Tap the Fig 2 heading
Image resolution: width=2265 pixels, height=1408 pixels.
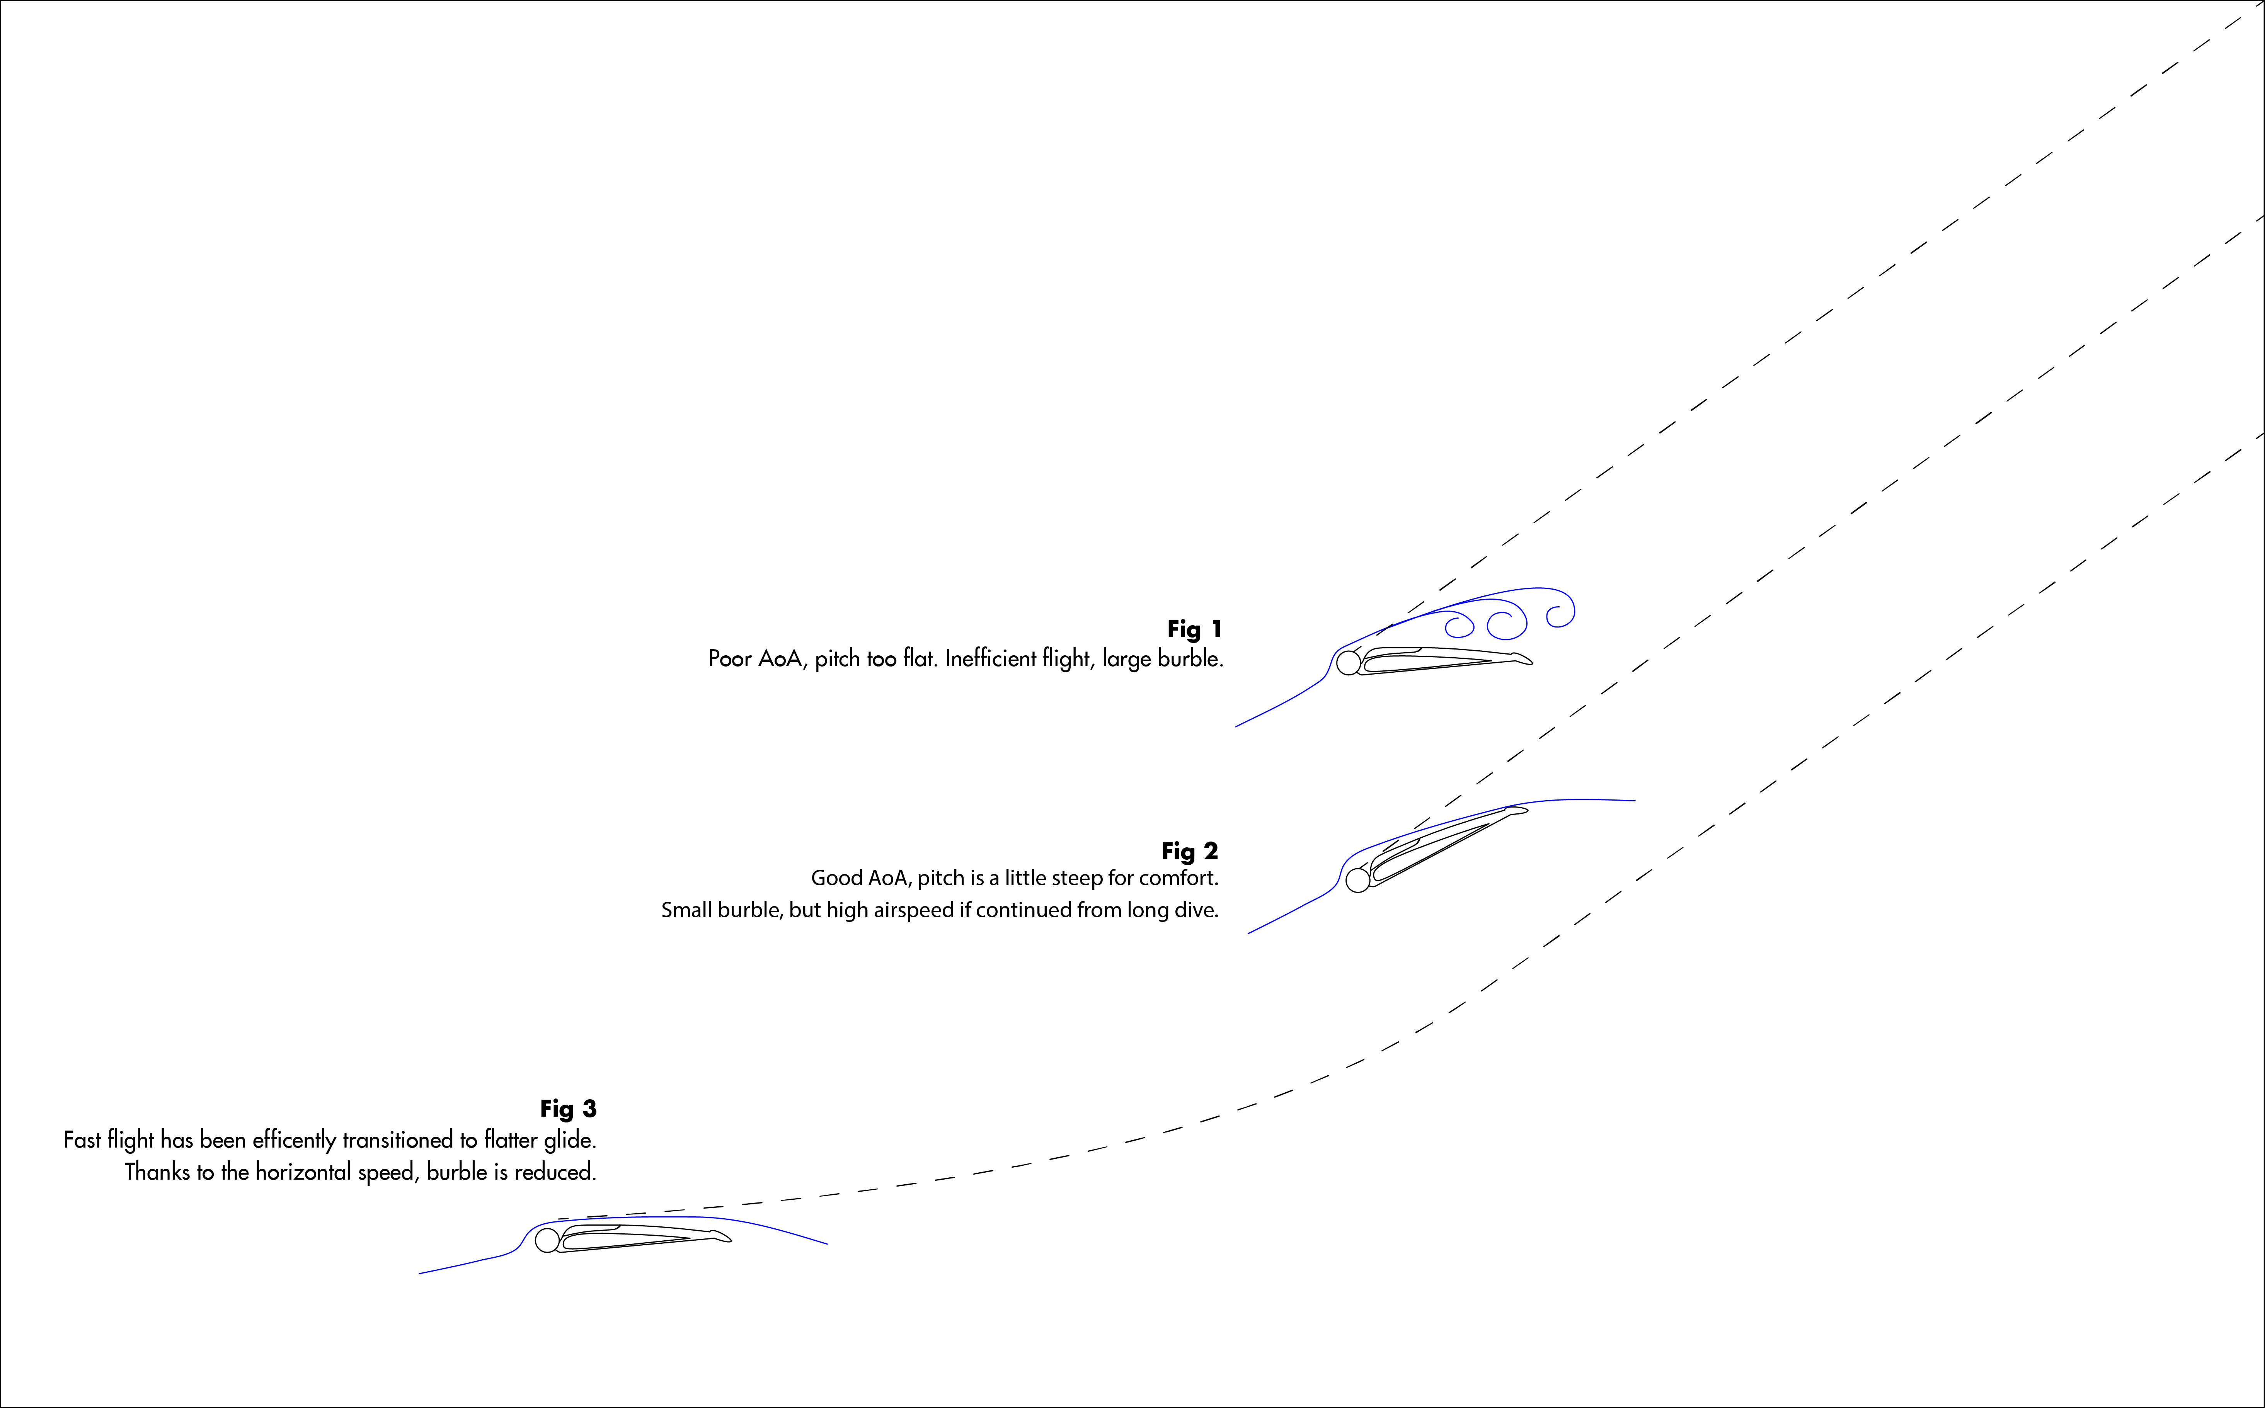pos(1189,851)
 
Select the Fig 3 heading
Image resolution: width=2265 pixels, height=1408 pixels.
pos(568,1108)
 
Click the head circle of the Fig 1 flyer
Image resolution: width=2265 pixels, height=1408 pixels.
pos(1348,663)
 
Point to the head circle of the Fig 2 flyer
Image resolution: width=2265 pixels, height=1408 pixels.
pos(1358,880)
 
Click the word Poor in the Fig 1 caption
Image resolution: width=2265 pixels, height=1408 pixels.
pos(730,658)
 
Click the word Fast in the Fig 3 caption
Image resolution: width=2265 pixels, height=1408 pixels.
pos(82,1140)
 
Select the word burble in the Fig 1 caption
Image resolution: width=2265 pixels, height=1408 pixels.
pos(1187,658)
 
